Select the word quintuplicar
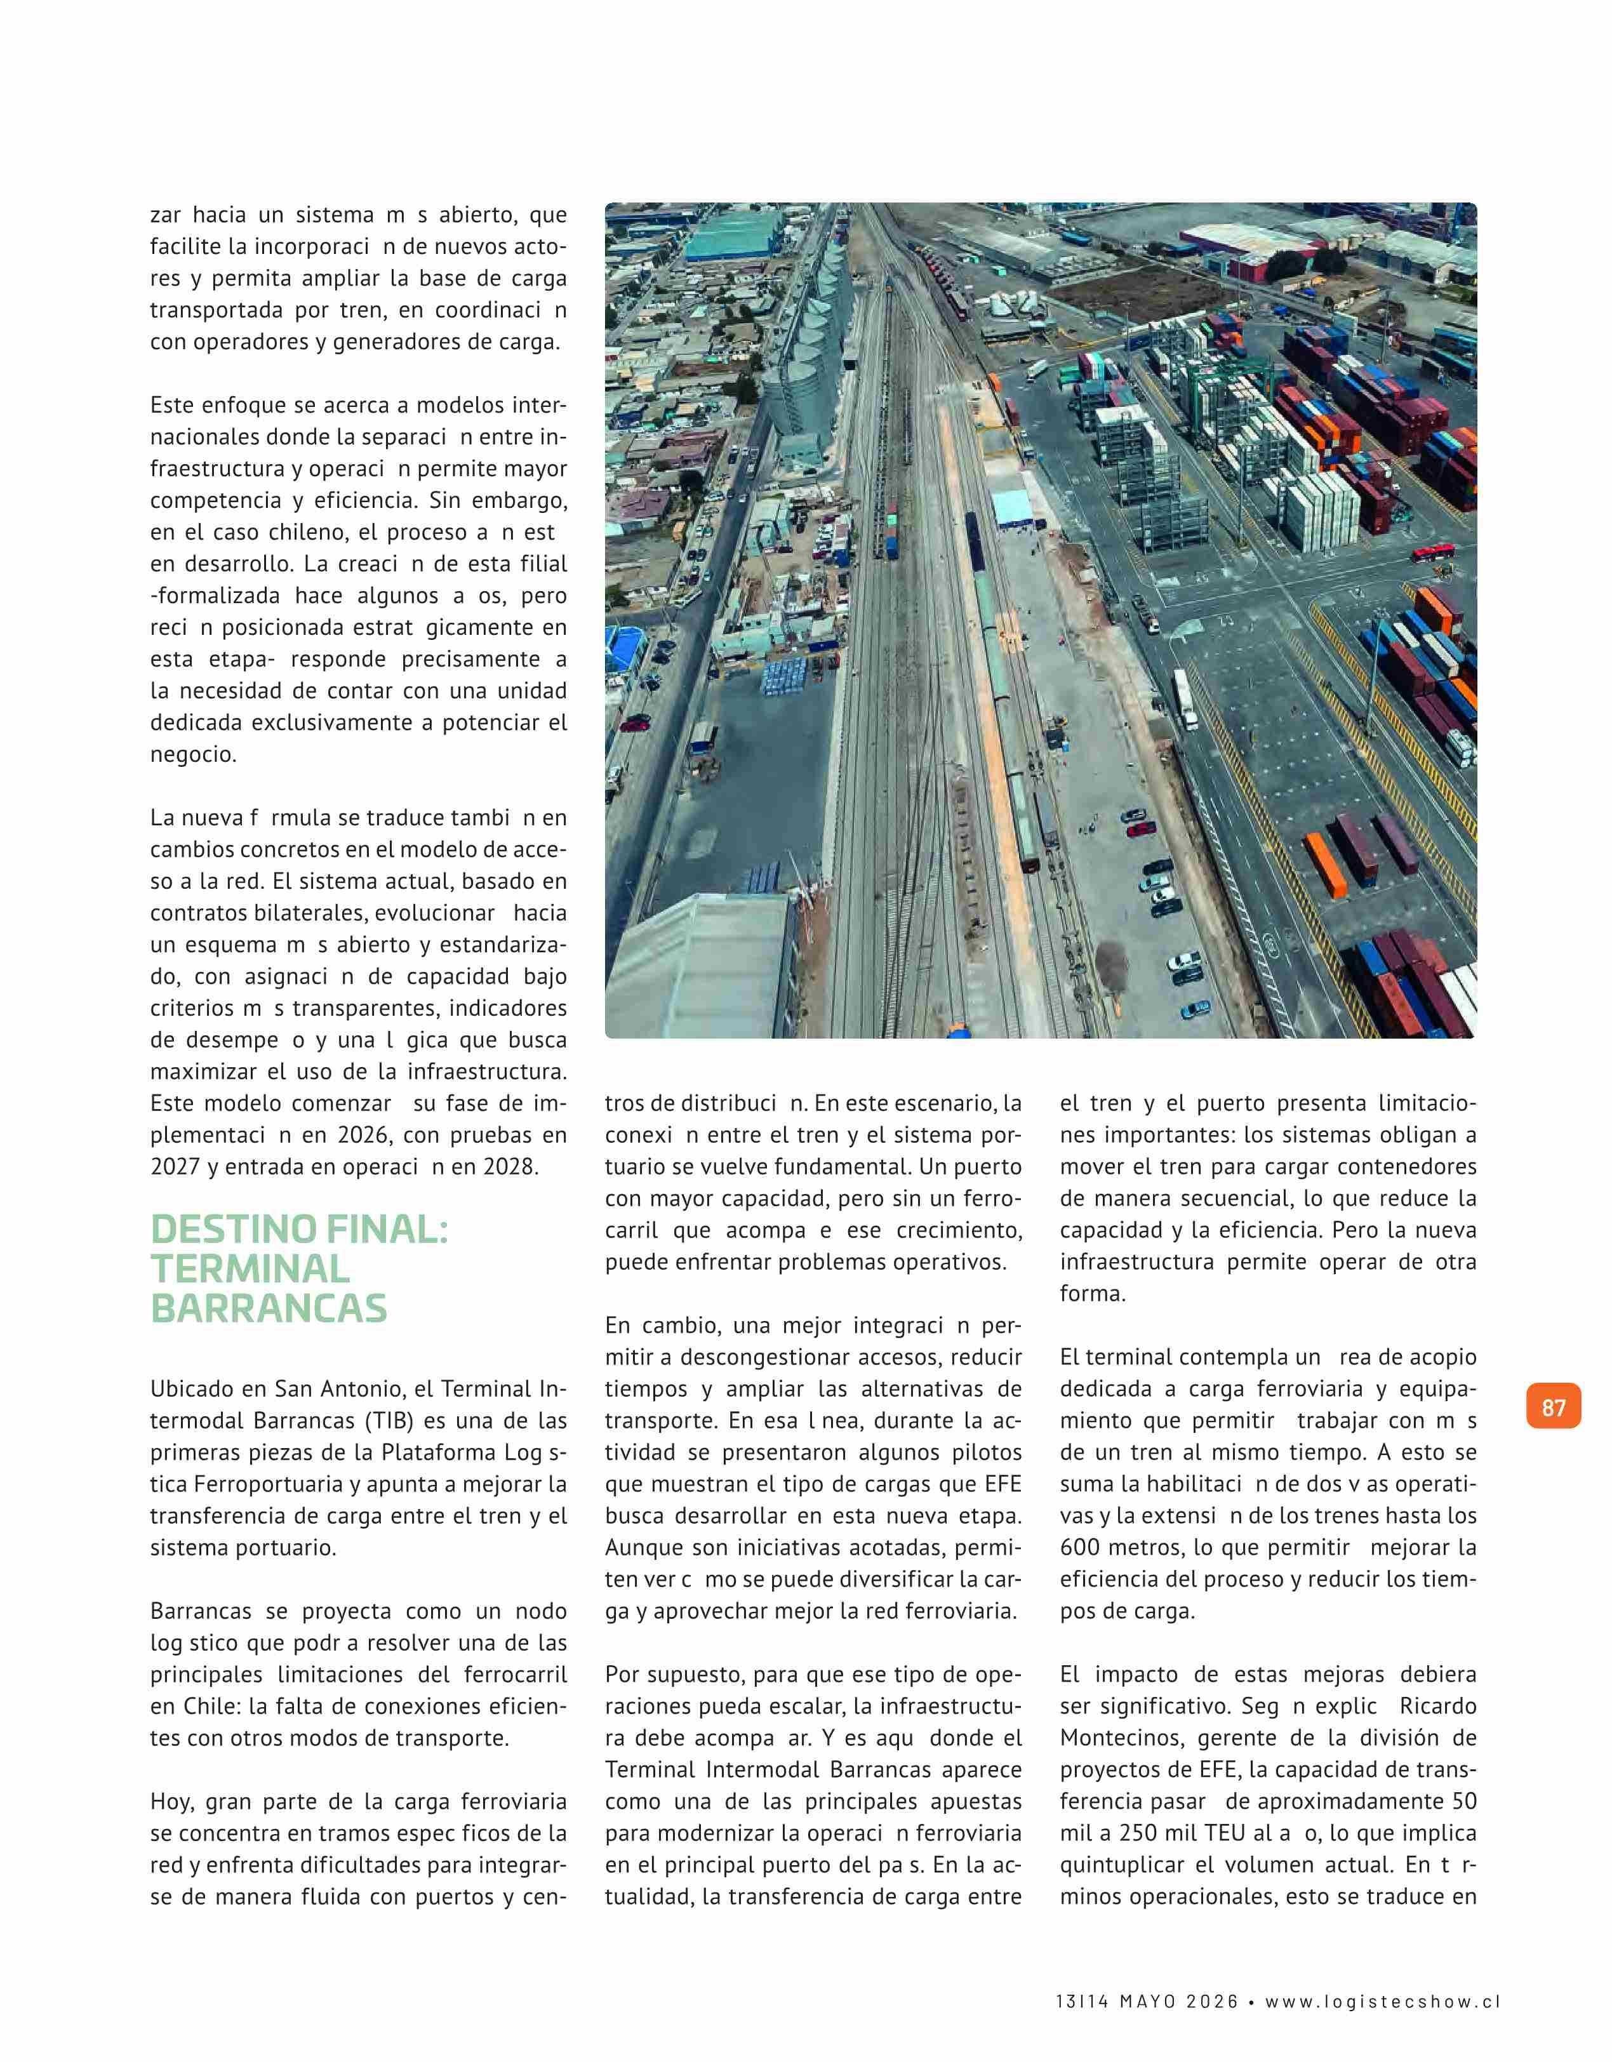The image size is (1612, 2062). coord(1124,1865)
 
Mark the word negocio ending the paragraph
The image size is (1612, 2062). coord(192,754)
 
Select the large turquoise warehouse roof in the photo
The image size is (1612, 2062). coord(732,234)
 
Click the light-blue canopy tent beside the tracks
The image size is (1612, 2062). coord(1011,508)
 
